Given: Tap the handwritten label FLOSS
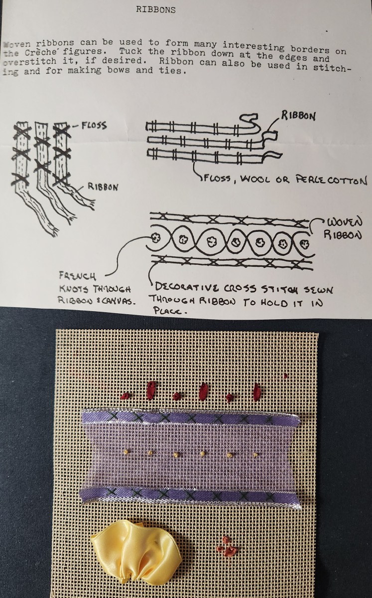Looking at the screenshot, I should click(91, 125).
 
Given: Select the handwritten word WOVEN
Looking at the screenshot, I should click(343, 220).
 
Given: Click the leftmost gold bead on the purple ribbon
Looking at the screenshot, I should click(126, 451).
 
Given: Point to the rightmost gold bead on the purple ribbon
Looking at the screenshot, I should click(255, 455).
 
